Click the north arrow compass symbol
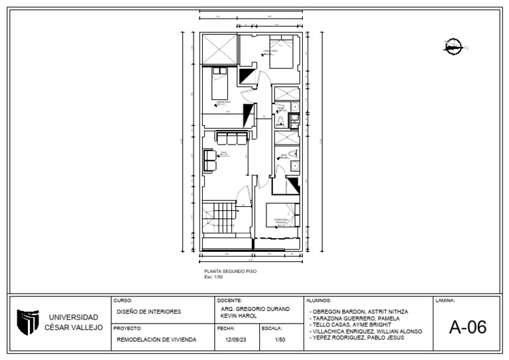454,46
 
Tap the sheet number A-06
467,327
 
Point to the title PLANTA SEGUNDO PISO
230,271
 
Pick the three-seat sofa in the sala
232,138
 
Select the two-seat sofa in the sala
210,159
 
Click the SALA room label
224,154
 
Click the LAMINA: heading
445,300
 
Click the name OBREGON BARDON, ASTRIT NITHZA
359,311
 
